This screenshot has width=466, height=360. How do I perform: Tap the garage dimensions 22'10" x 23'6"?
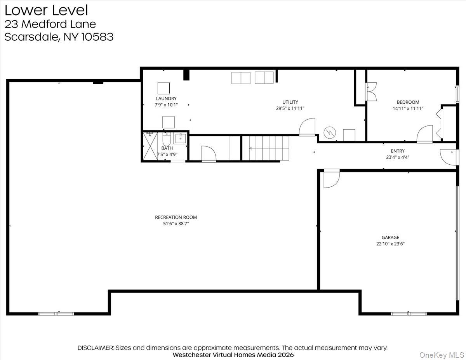pyautogui.click(x=390, y=244)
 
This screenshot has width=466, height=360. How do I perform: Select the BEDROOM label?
pyautogui.click(x=408, y=102)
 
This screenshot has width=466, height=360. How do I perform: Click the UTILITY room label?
pyautogui.click(x=290, y=102)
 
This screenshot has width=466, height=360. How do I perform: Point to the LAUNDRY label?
pyautogui.click(x=166, y=99)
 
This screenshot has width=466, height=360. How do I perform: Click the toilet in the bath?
pyautogui.click(x=167, y=139)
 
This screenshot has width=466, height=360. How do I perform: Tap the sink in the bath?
pyautogui.click(x=181, y=138)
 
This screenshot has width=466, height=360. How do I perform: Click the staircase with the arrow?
pyautogui.click(x=266, y=148)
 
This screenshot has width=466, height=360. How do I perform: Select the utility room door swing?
pyautogui.click(x=308, y=127)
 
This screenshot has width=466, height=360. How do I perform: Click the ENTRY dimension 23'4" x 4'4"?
pyautogui.click(x=398, y=157)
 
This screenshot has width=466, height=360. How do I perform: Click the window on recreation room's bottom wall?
pyautogui.click(x=56, y=313)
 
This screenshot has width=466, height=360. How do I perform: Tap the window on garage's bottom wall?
pyautogui.click(x=409, y=313)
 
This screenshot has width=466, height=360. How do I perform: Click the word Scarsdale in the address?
pyautogui.click(x=30, y=37)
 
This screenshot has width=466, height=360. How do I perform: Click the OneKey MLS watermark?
pyautogui.click(x=445, y=355)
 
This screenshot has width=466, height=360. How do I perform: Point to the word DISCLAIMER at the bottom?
pyautogui.click(x=96, y=348)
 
